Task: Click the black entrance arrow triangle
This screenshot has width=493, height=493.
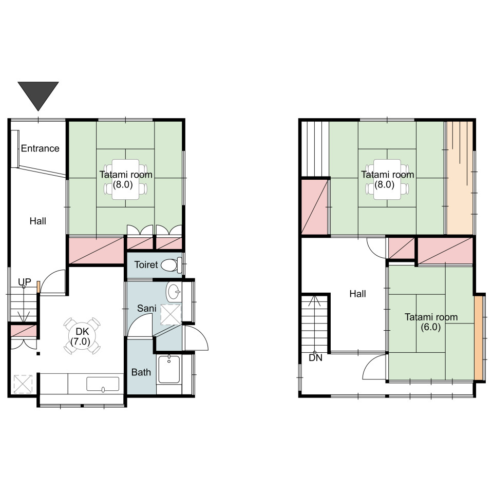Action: [x=38, y=94]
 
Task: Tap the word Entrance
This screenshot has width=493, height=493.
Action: [x=40, y=148]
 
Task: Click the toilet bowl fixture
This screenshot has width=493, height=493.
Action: [x=172, y=265]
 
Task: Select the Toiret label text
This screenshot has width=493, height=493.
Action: [x=146, y=265]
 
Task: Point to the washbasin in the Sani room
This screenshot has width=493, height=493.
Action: [x=174, y=292]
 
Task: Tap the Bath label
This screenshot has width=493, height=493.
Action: [x=141, y=372]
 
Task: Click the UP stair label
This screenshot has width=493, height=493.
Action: [x=25, y=282]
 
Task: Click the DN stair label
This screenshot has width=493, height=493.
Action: [x=316, y=358]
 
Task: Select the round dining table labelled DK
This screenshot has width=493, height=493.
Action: [x=82, y=336]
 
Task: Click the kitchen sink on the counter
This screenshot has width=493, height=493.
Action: [x=103, y=384]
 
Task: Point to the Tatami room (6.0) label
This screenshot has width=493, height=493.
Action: [x=431, y=322]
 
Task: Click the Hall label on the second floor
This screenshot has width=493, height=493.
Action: [x=358, y=294]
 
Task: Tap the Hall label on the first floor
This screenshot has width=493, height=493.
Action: [x=37, y=221]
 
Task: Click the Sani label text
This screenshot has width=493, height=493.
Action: [x=146, y=309]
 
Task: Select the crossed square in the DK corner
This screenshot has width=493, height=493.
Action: [x=23, y=384]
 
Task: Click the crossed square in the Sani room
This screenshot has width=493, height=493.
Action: [x=170, y=314]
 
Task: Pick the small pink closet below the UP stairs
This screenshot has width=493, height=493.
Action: [x=24, y=331]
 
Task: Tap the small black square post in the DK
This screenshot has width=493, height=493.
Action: [x=38, y=354]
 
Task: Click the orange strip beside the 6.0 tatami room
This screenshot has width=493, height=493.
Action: [x=478, y=338]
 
